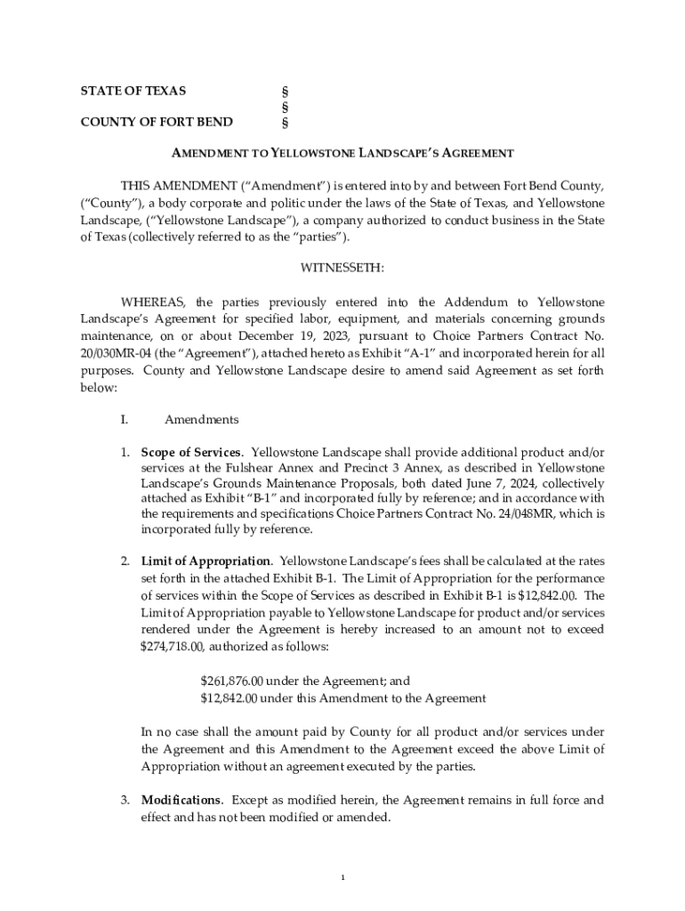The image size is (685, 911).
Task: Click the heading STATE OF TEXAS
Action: coord(133,91)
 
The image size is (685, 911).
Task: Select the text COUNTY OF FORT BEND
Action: coord(157,122)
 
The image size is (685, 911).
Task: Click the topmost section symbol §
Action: coord(285,92)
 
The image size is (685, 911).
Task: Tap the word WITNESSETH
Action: coord(342,266)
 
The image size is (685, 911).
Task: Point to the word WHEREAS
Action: coord(154,302)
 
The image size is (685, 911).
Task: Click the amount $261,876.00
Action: coord(232,681)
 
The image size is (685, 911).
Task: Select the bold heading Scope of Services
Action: coord(190,452)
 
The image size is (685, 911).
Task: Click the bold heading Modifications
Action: coord(181,800)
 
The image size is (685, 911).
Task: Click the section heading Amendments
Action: coord(201,419)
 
